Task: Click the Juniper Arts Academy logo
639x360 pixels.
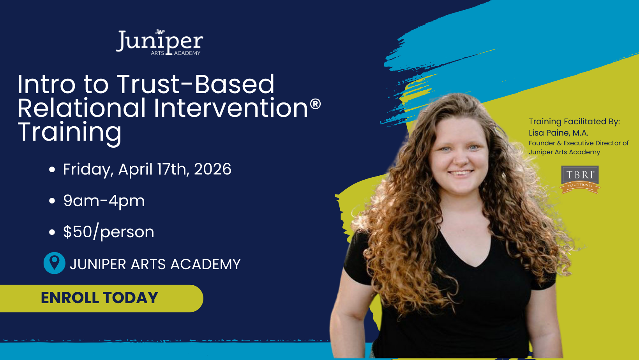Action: click(x=160, y=42)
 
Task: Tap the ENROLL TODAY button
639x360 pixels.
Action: click(x=100, y=298)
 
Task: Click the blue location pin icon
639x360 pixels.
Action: click(x=54, y=263)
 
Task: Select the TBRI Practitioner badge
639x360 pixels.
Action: click(x=580, y=179)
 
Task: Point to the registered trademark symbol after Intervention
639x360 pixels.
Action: click(x=315, y=104)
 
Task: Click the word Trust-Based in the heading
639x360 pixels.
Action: click(x=196, y=84)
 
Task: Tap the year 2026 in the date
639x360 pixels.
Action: click(x=213, y=169)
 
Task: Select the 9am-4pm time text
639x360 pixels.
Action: click(x=104, y=201)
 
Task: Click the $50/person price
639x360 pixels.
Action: click(x=108, y=232)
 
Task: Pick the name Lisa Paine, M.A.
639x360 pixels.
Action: click(x=558, y=133)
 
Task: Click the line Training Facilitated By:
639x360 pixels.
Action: click(x=574, y=122)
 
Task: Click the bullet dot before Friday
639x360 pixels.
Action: click(x=52, y=169)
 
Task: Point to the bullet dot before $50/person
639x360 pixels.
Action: click(x=52, y=232)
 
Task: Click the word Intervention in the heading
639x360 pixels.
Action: click(x=231, y=108)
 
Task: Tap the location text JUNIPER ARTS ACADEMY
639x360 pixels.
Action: click(x=155, y=264)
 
